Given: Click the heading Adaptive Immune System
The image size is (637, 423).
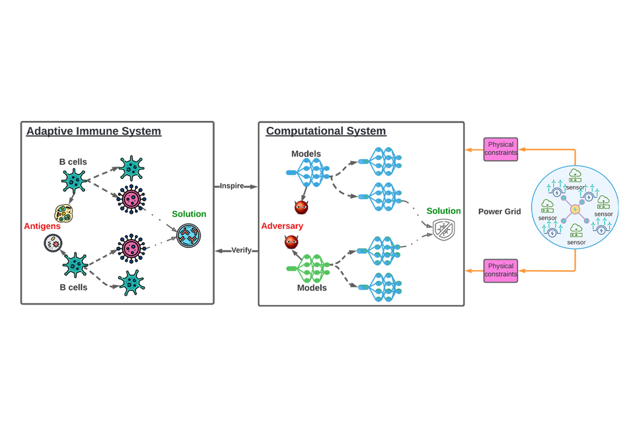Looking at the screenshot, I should [x=94, y=131].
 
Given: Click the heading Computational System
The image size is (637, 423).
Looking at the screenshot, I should [x=326, y=131].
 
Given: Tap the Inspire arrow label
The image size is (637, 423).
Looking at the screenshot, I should [x=232, y=186].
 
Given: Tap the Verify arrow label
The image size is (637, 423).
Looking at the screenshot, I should [x=241, y=250].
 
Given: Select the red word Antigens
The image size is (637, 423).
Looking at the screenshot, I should [x=42, y=226].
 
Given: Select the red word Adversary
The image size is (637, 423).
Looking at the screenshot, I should [x=282, y=226].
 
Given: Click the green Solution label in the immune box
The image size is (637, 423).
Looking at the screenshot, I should [x=189, y=214].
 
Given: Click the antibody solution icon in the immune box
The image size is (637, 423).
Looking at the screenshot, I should [x=189, y=235].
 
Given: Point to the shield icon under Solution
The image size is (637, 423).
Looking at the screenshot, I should [x=443, y=230].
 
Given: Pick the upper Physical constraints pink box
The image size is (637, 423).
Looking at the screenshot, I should [x=501, y=149].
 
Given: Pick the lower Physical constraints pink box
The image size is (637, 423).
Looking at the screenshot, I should [x=501, y=270].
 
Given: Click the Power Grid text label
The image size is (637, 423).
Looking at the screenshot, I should [x=500, y=212].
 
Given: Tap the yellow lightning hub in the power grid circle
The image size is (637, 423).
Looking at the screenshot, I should [x=575, y=210].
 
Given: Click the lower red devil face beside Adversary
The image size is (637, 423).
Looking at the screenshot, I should [x=292, y=242].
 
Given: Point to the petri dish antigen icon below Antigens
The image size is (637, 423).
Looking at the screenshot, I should [x=53, y=243].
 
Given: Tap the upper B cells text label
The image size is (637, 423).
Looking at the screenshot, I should [x=73, y=162].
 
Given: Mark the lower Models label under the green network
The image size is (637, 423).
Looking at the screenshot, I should [x=312, y=288].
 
